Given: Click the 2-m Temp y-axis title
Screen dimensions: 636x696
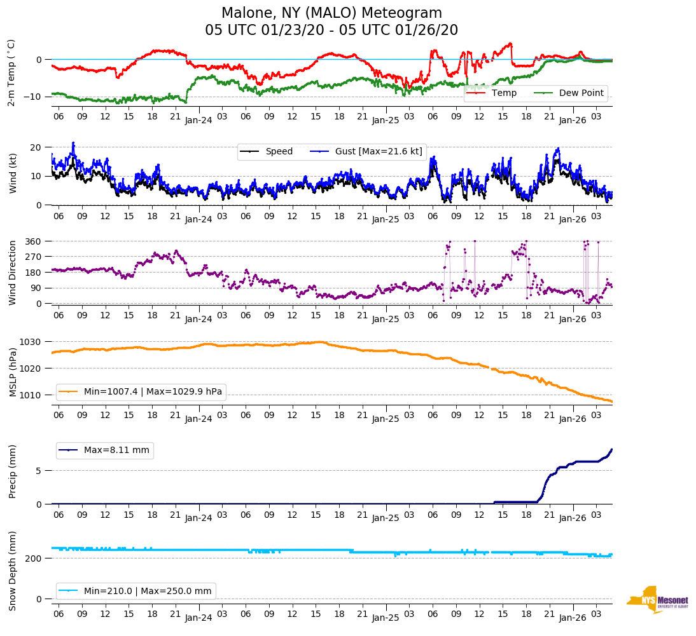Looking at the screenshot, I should coord(11,72).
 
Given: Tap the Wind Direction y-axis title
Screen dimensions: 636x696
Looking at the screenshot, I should coord(13,272).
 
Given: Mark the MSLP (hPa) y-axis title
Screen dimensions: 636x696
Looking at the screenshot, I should coord(13,369).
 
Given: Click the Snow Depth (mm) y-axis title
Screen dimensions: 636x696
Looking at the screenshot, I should coord(13,571).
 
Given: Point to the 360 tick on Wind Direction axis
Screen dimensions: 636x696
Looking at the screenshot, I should coord(34,241).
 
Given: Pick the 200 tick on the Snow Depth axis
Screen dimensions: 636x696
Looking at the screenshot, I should coord(34,558).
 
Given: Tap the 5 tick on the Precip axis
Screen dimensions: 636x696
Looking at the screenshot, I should coord(39,471).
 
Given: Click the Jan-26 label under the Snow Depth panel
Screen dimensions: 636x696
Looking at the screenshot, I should coord(572,618).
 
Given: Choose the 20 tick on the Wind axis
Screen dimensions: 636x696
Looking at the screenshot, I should coord(36,147).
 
